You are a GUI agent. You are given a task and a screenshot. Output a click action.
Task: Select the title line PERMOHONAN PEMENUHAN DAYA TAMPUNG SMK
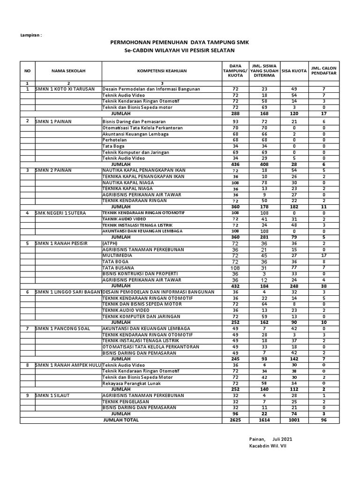point(180,42)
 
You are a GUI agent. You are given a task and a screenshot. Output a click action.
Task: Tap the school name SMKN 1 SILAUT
point(54,395)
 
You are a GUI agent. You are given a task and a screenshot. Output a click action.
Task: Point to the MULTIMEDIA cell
point(118,255)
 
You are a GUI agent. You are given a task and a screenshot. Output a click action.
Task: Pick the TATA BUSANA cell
point(119,267)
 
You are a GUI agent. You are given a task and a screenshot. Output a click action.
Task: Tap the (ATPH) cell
point(110,243)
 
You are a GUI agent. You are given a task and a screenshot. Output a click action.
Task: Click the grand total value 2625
point(235,420)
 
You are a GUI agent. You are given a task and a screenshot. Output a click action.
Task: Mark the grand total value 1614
point(264,420)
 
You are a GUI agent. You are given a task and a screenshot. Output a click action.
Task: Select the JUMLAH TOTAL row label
point(121,420)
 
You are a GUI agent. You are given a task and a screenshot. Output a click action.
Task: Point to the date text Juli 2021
point(282,439)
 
